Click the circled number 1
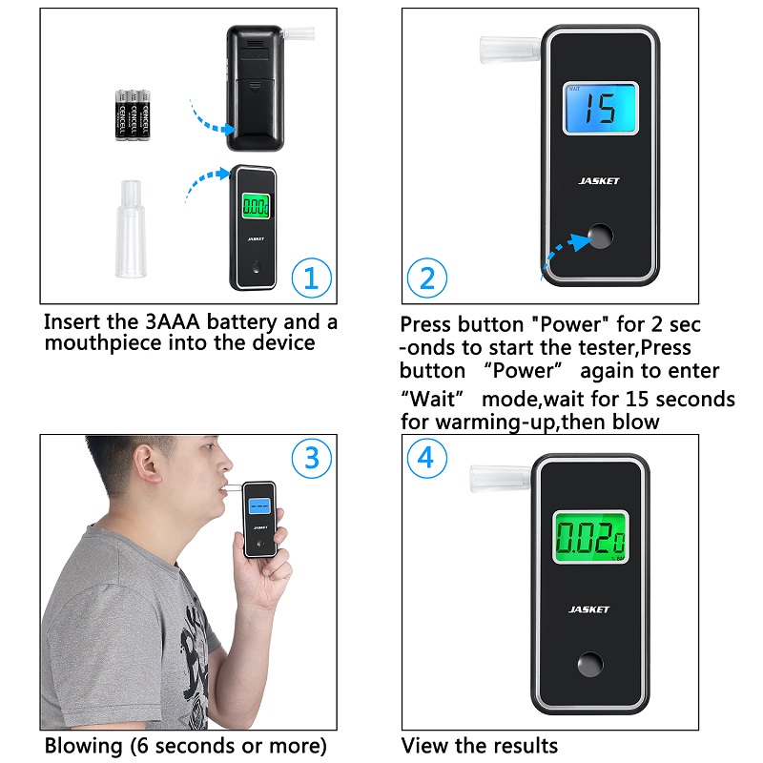point(312,278)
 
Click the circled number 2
point(426,278)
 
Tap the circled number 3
point(312,458)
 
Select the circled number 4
point(426,458)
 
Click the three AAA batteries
point(133,115)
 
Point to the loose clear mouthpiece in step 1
point(131,229)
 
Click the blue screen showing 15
point(601,108)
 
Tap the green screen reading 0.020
point(590,537)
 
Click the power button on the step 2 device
point(601,236)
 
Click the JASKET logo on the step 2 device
point(599,181)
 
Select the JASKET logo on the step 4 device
point(588,609)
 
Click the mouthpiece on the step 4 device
point(501,479)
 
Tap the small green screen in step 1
point(256,206)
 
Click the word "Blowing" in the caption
point(83,746)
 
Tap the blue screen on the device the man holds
point(259,505)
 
